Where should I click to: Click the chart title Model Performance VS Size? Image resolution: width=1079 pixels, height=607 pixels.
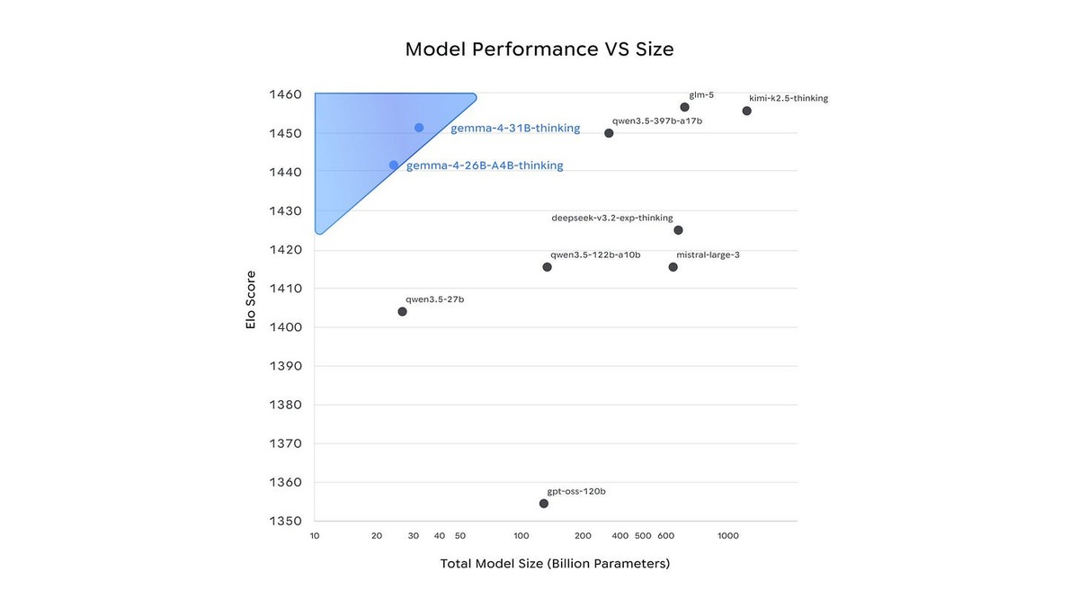(539, 49)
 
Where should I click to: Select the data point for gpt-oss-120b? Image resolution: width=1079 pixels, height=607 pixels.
(544, 504)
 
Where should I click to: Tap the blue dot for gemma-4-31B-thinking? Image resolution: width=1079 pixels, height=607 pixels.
(419, 128)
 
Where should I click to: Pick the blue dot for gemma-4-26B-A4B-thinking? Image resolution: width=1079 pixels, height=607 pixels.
(394, 165)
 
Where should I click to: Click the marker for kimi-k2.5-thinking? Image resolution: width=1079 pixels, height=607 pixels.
(746, 111)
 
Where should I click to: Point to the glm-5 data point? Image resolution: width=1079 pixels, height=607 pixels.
(684, 107)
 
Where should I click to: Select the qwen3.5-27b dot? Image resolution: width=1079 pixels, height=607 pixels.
(402, 312)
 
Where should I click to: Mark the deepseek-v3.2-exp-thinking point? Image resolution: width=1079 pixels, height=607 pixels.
(678, 230)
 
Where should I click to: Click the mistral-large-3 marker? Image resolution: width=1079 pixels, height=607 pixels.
(673, 267)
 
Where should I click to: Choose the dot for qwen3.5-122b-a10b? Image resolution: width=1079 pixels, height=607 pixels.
(547, 267)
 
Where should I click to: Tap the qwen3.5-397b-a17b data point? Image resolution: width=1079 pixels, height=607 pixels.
(609, 133)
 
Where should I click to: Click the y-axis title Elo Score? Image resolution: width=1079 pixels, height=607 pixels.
(251, 299)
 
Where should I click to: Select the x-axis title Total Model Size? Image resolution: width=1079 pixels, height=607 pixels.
(555, 564)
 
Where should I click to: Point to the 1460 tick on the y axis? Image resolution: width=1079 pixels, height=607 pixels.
(285, 94)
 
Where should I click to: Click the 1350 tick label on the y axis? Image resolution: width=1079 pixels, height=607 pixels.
(285, 521)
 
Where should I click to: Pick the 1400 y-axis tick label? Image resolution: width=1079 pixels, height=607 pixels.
(285, 327)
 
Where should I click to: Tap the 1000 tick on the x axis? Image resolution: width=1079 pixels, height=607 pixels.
(728, 536)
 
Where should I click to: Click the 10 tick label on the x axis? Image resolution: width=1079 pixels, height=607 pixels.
(315, 536)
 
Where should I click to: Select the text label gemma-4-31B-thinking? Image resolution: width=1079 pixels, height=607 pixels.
(515, 129)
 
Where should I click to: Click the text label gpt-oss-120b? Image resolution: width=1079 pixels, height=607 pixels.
(576, 492)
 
